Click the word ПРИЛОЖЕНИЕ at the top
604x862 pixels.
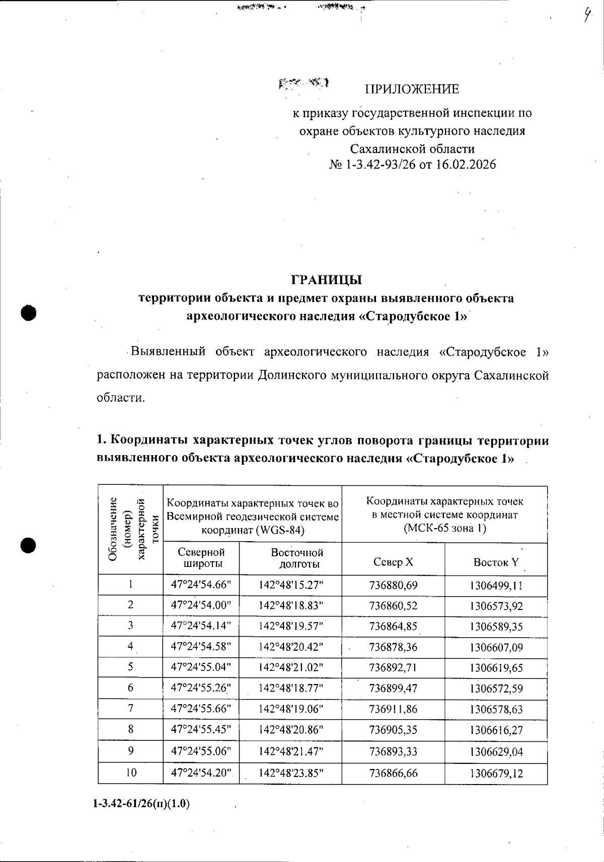[412, 90]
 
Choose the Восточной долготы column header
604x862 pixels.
[297, 558]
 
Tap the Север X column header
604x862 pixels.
[393, 562]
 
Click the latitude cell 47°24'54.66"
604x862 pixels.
[201, 585]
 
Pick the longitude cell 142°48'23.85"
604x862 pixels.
[290, 773]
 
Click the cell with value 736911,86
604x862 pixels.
[393, 709]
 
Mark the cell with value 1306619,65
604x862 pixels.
[496, 668]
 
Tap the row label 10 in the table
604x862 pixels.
[131, 772]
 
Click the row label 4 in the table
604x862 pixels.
[130, 647]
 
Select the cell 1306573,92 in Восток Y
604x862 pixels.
[496, 606]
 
